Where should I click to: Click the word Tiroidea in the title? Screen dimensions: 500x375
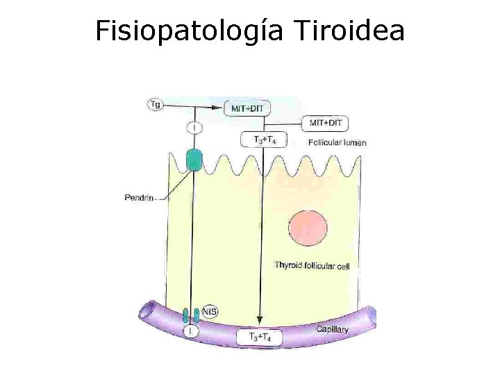[349, 31]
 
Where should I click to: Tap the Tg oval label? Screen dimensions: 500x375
[156, 105]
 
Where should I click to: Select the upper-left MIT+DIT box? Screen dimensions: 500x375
[248, 108]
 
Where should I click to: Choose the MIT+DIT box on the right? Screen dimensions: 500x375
[325, 123]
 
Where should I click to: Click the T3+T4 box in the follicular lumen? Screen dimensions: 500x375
[262, 140]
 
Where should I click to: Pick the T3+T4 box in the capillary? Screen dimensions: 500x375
[260, 337]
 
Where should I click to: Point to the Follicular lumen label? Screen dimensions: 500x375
[337, 143]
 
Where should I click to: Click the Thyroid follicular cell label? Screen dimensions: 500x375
[312, 265]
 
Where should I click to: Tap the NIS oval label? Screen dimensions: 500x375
[208, 312]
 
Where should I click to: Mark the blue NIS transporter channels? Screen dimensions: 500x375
[191, 316]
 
